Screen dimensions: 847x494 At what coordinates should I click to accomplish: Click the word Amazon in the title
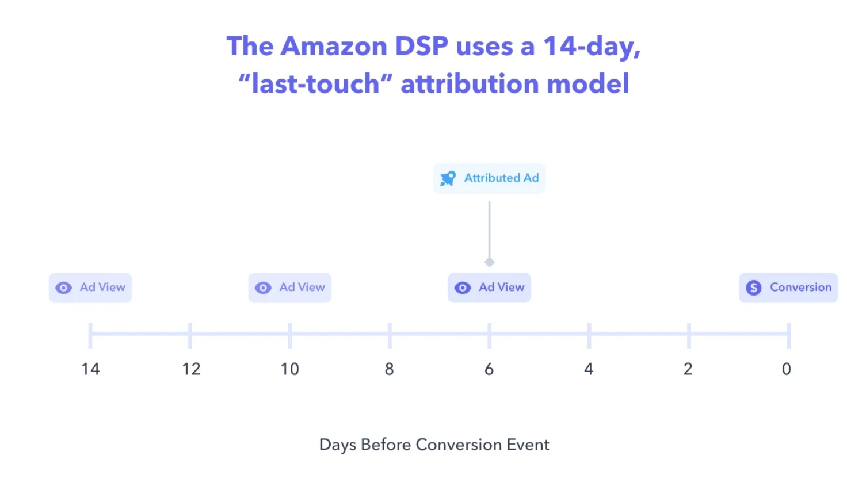click(x=334, y=46)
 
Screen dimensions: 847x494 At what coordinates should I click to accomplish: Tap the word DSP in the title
click(x=422, y=46)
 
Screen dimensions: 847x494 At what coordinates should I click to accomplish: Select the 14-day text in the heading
click(x=592, y=47)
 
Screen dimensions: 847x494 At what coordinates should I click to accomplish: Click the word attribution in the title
click(x=470, y=83)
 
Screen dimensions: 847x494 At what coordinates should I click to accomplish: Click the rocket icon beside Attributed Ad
click(x=448, y=178)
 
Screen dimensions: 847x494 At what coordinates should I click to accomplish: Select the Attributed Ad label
click(x=501, y=178)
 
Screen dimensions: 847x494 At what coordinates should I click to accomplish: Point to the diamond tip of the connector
click(x=490, y=262)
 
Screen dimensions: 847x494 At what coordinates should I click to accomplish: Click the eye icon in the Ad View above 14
click(x=63, y=288)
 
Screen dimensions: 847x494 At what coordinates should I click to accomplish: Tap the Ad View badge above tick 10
click(x=290, y=288)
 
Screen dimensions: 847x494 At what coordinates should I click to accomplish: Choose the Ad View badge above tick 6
click(x=489, y=288)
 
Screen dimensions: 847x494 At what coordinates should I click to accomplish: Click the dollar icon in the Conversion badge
click(x=754, y=288)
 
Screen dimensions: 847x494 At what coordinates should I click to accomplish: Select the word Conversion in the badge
click(x=801, y=287)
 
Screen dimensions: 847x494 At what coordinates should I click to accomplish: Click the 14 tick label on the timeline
click(x=91, y=369)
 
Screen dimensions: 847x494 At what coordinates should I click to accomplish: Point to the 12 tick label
click(x=192, y=369)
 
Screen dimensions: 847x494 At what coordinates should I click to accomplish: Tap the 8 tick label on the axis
click(x=390, y=369)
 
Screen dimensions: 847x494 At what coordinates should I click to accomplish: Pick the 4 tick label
click(x=589, y=369)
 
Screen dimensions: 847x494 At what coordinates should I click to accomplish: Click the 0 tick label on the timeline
click(x=787, y=369)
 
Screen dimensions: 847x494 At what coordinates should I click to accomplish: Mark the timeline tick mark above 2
click(x=689, y=335)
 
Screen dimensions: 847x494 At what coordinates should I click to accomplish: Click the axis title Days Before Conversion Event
click(x=434, y=445)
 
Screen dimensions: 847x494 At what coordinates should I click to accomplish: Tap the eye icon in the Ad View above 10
click(x=263, y=288)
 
